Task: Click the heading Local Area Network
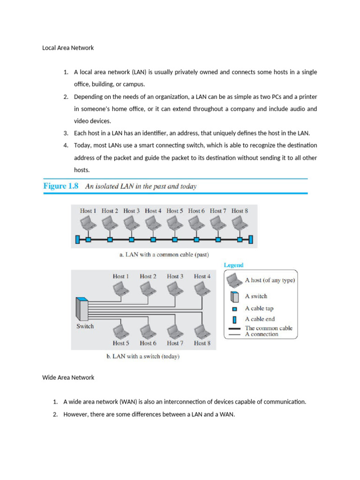tap(68, 48)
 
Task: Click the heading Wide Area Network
tap(68, 377)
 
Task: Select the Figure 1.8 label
tap(61, 186)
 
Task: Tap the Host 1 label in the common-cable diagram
tap(88, 211)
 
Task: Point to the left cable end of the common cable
tap(77, 240)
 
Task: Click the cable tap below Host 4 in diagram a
tap(153, 240)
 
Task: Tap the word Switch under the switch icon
tap(85, 326)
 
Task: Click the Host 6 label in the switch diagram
tap(148, 343)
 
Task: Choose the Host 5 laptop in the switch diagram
tap(121, 330)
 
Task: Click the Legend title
tap(233, 265)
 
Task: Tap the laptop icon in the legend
tap(234, 280)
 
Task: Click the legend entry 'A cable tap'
tap(259, 308)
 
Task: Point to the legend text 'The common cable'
tap(269, 328)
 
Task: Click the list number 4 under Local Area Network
tap(66, 145)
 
